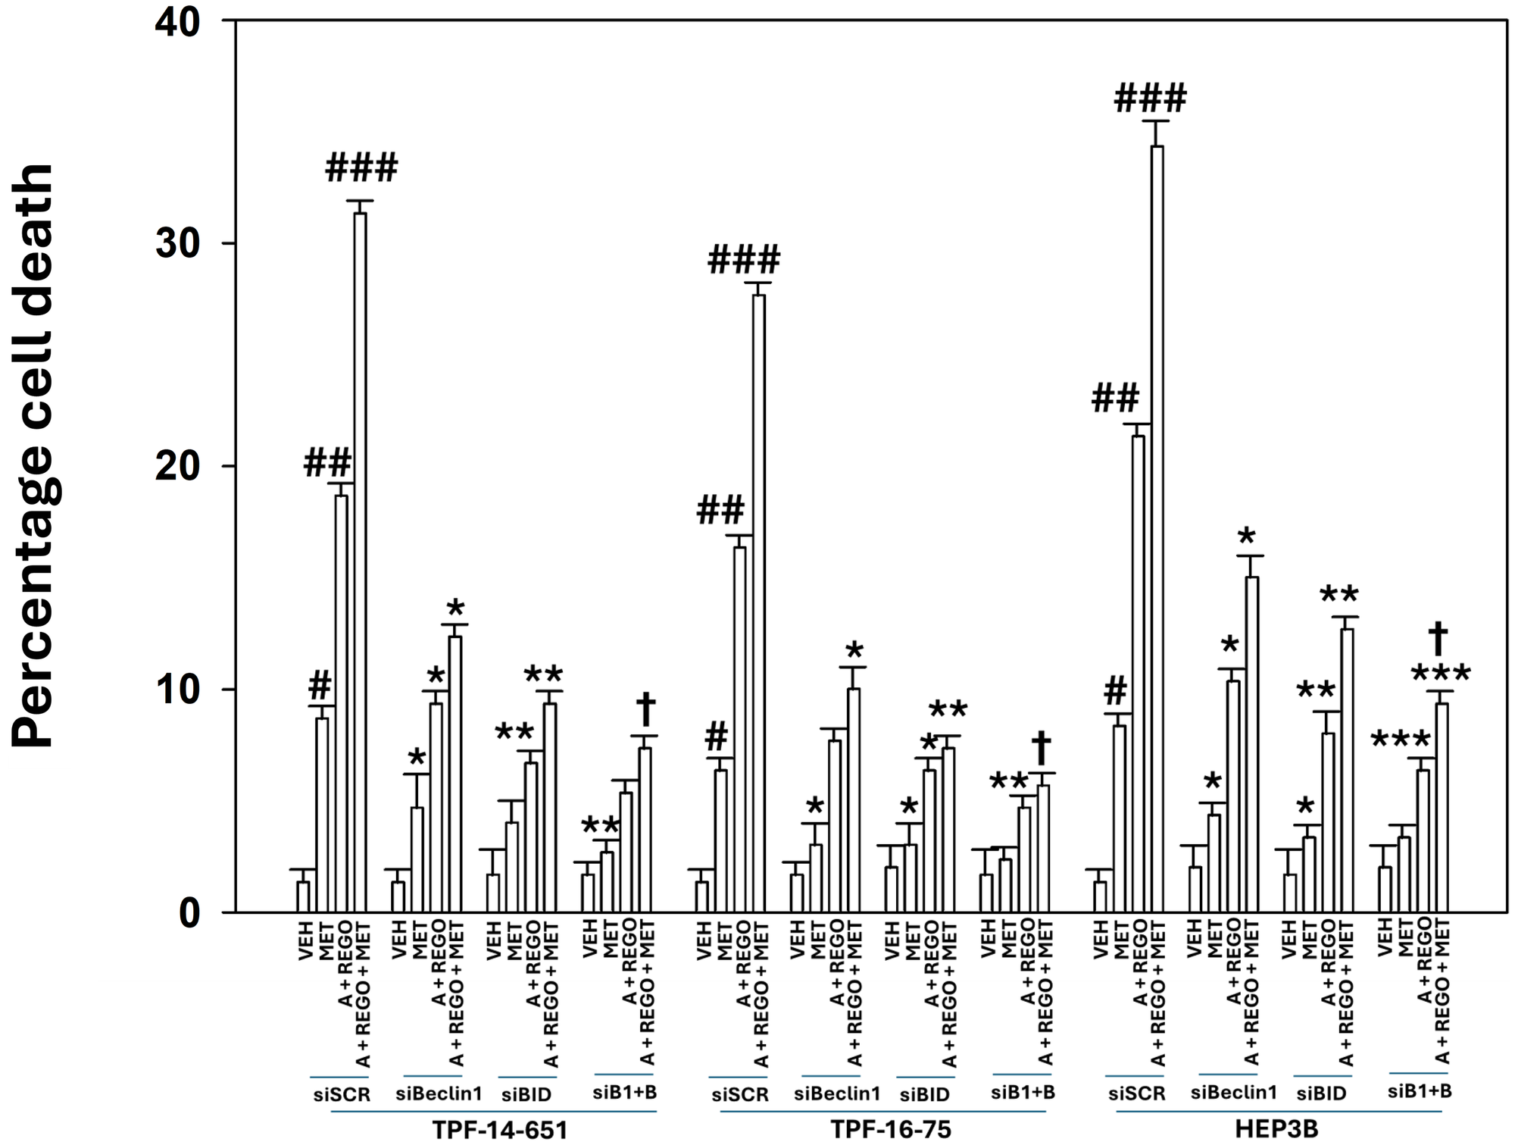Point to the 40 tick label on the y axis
click(x=177, y=23)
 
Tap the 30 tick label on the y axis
click(x=177, y=243)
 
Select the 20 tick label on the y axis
click(x=177, y=466)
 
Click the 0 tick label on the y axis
click(x=189, y=912)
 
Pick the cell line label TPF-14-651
click(x=499, y=1130)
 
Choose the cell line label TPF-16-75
click(x=891, y=1130)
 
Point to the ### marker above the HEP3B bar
click(x=1150, y=99)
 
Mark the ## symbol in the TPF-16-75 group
click(x=720, y=511)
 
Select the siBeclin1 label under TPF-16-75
click(x=837, y=1093)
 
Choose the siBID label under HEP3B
click(x=1321, y=1093)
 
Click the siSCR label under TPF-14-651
click(x=342, y=1095)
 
